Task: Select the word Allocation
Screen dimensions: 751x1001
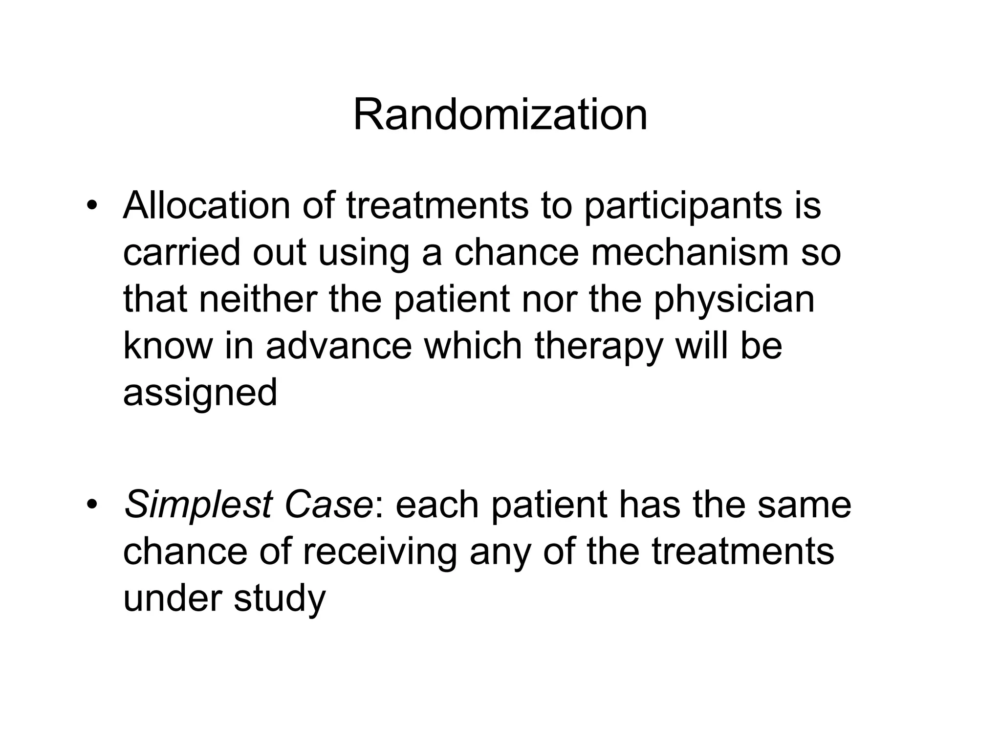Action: (206, 205)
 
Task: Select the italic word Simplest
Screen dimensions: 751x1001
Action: (198, 506)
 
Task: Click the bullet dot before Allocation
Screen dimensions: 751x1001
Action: (90, 206)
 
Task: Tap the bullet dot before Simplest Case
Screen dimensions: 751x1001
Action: (90, 505)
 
